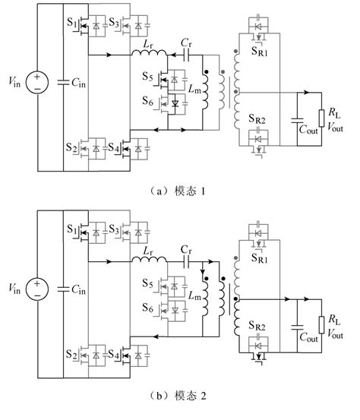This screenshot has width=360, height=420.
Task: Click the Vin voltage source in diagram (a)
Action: (37, 83)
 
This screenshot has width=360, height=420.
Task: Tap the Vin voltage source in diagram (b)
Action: (37, 289)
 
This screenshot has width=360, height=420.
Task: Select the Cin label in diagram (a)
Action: (78, 83)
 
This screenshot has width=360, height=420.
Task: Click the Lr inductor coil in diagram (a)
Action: (149, 52)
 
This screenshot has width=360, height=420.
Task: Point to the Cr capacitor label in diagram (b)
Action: (186, 250)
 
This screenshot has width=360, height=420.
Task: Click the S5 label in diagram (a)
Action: (147, 77)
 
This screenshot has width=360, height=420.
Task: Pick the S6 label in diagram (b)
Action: (147, 308)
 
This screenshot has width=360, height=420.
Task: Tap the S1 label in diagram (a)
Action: (72, 22)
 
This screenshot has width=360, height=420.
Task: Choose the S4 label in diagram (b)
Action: (114, 355)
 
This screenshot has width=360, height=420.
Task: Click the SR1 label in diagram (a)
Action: (259, 51)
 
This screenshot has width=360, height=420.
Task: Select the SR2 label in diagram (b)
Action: (257, 326)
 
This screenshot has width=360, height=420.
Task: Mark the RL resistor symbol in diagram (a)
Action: (322, 118)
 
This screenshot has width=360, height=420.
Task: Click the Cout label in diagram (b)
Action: (308, 337)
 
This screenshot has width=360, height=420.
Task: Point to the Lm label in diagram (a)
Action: (194, 89)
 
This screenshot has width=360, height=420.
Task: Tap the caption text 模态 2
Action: (191, 396)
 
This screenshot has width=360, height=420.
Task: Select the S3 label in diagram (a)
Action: (114, 23)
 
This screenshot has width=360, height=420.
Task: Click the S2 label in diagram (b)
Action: (72, 355)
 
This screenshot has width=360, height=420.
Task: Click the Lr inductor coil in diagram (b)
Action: (149, 259)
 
